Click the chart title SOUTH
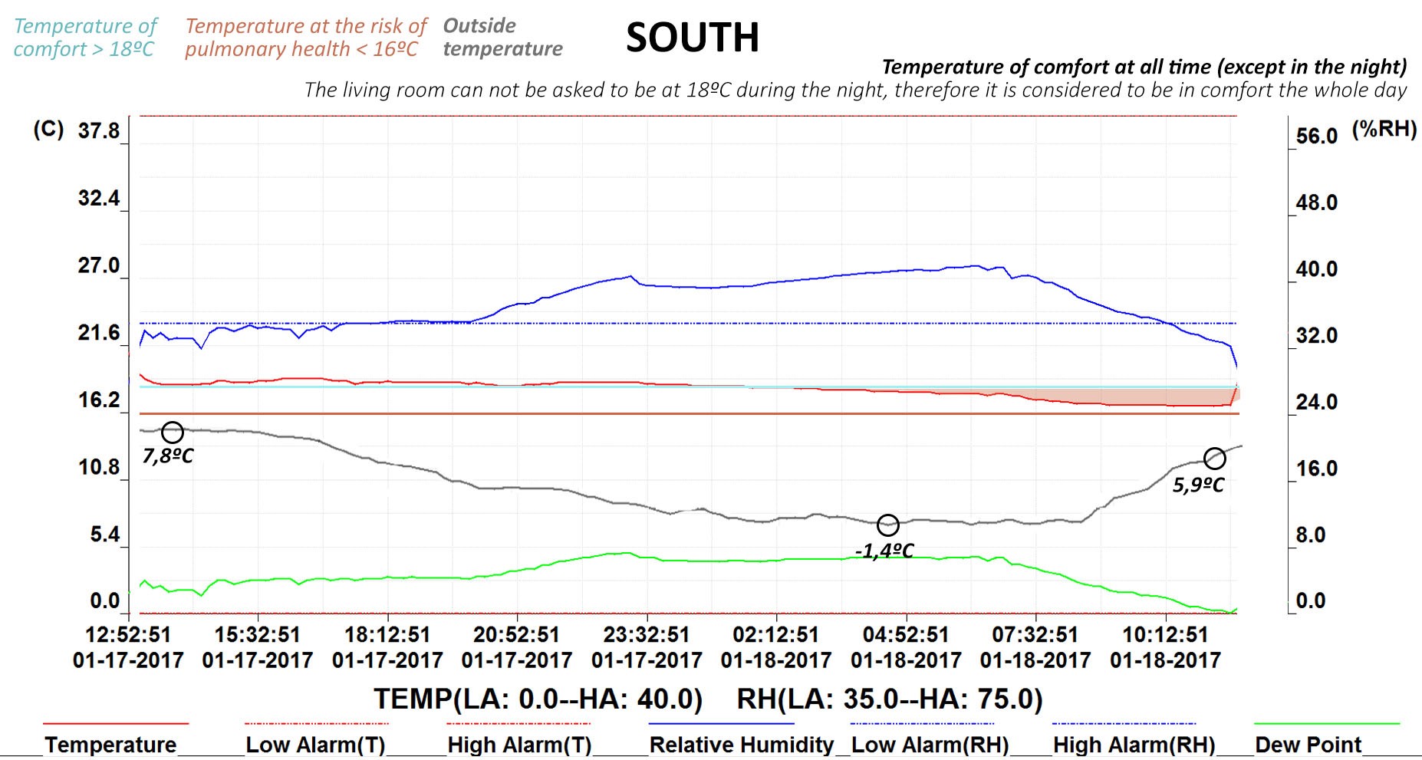coord(692,38)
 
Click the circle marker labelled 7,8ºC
coord(173,433)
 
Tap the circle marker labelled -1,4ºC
coord(888,525)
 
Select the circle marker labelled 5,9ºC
coord(1215,459)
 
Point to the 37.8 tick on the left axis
coord(99,131)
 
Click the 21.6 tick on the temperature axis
coord(99,333)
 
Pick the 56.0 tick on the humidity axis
coord(1316,137)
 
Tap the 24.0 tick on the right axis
coord(1316,402)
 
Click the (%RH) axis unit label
coord(1384,129)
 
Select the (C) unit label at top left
coord(48,129)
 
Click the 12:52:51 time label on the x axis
coord(128,635)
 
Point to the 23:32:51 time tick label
coord(647,635)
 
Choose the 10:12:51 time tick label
coord(1165,635)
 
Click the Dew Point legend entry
coord(1308,745)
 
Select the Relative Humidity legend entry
coord(741,745)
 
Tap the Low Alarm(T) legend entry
coord(315,745)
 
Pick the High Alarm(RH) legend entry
coord(1134,745)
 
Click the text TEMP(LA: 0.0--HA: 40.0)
coord(538,699)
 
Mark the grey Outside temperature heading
coord(502,37)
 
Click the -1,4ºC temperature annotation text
coord(884,551)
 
